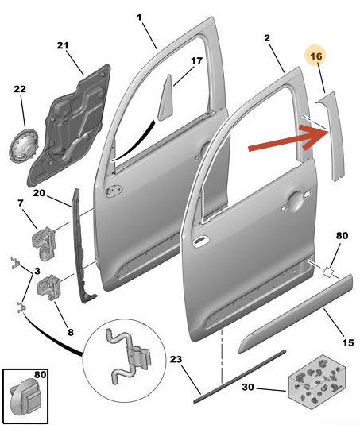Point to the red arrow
pos(290,139)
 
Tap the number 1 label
pos(138,17)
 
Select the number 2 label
pos(267,38)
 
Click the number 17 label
pos(196,61)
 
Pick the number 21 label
pos(64,45)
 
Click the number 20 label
pos(40,192)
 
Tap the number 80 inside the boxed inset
pos(40,373)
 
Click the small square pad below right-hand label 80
pos(327,271)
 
